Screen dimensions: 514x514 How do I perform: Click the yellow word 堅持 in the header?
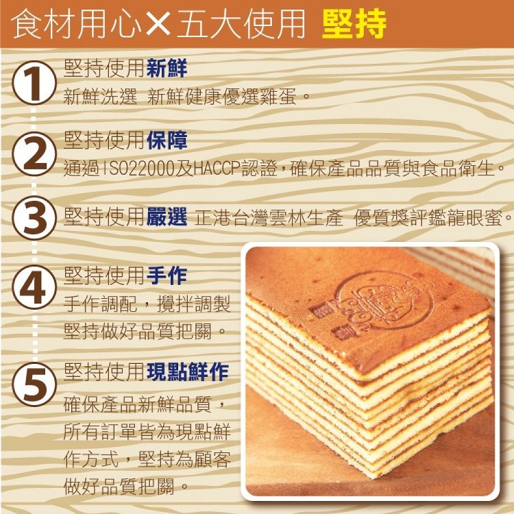pos(354,23)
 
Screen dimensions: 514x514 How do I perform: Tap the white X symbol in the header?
pos(158,23)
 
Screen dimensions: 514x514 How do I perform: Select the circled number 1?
pos(34,83)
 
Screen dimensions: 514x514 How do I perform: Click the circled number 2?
pos(34,154)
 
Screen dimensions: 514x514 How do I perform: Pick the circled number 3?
pos(34,218)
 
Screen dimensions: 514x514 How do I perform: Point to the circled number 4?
pos(34,287)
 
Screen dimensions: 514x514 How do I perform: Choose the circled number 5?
pos(34,384)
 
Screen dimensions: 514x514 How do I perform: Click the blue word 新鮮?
pos(167,68)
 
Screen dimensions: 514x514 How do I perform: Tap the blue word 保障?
pos(167,140)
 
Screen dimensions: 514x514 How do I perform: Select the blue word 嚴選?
pos(167,217)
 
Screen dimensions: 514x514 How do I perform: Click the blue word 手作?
pos(167,276)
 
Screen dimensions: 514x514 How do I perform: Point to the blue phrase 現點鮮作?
pos(188,371)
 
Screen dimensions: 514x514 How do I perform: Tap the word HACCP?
pos(217,168)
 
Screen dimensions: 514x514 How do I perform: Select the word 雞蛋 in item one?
pos(278,97)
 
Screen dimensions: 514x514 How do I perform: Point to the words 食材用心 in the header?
pos(76,24)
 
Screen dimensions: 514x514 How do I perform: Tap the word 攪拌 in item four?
pos(175,304)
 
